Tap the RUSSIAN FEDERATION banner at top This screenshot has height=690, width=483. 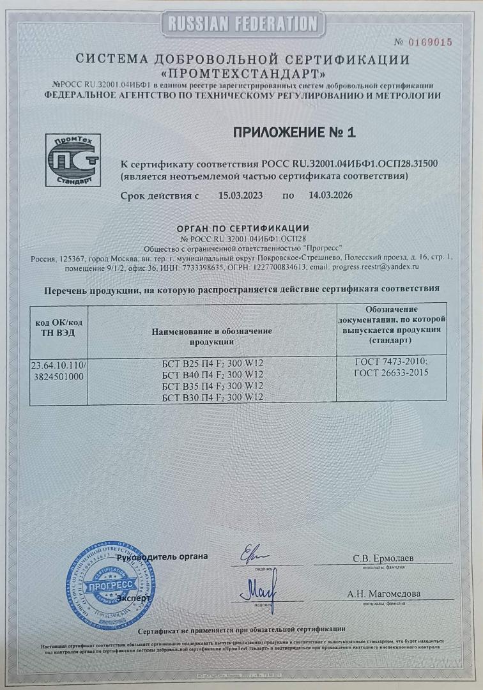coord(241,25)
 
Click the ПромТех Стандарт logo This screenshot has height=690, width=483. coord(73,159)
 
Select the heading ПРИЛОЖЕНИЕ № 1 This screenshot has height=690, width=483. coord(294,133)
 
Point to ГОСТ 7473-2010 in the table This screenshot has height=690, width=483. coord(392,361)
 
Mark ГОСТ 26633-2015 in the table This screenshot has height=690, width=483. coord(392,372)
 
